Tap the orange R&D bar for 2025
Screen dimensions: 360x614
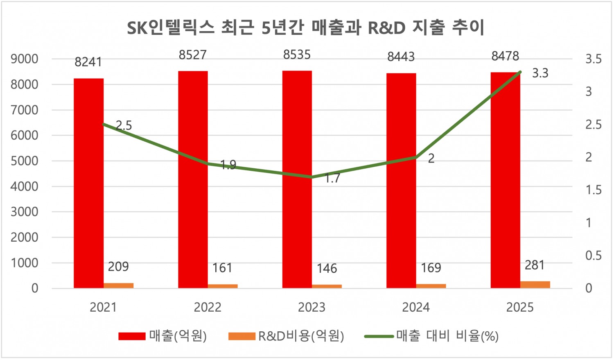pyautogui.click(x=535, y=284)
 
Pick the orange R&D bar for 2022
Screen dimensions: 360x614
pyautogui.click(x=223, y=286)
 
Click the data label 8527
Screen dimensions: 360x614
pyautogui.click(x=192, y=55)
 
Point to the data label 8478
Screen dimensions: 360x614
pyautogui.click(x=505, y=56)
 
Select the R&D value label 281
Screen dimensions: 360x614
pyautogui.click(x=535, y=265)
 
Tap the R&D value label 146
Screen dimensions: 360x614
pyautogui.click(x=327, y=269)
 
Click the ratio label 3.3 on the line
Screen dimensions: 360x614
pyautogui.click(x=540, y=73)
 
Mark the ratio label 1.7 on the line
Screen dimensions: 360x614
pyautogui.click(x=332, y=178)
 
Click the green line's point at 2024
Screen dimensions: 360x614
pyautogui.click(x=416, y=157)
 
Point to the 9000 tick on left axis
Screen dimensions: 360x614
pyautogui.click(x=25, y=59)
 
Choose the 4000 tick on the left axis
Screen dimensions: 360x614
pyautogui.click(x=25, y=186)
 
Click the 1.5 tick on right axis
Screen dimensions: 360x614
pyautogui.click(x=593, y=190)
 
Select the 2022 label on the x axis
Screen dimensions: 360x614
pyautogui.click(x=208, y=308)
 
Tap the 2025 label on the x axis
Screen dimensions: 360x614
pyautogui.click(x=520, y=308)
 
